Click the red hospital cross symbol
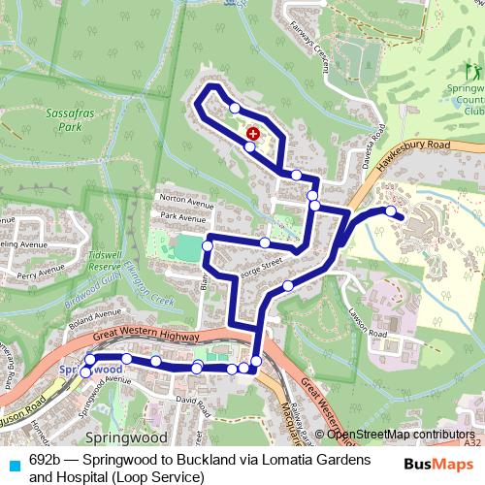coord(253,133)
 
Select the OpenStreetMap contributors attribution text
coord(407,433)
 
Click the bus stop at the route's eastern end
coord(391,210)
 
